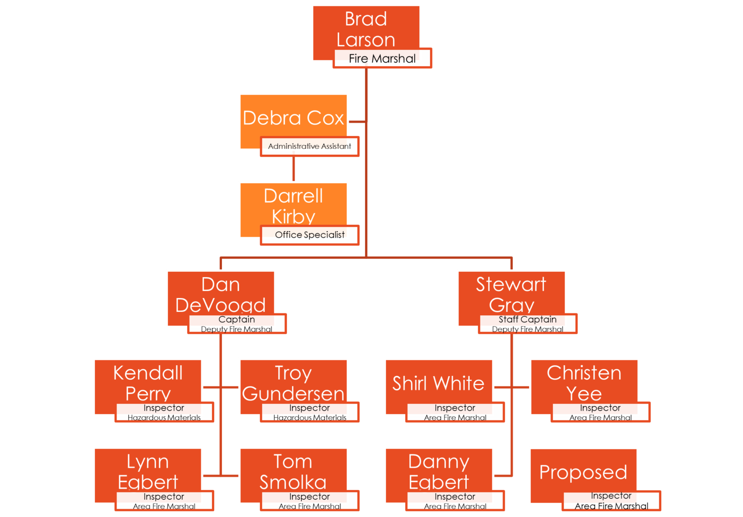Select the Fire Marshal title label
382,59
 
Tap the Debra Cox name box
293,118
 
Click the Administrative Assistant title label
310,147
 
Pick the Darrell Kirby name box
293,206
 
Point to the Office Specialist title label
310,235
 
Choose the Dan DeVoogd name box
221,294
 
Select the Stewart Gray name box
511,294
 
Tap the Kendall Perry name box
148,382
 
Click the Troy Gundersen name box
293,382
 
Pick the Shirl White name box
438,383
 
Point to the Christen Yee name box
584,382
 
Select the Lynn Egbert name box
148,471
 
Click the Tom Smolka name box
293,471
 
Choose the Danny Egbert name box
439,471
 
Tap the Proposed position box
583,472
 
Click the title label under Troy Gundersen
310,412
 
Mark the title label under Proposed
611,501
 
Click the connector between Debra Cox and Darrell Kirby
294,169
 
